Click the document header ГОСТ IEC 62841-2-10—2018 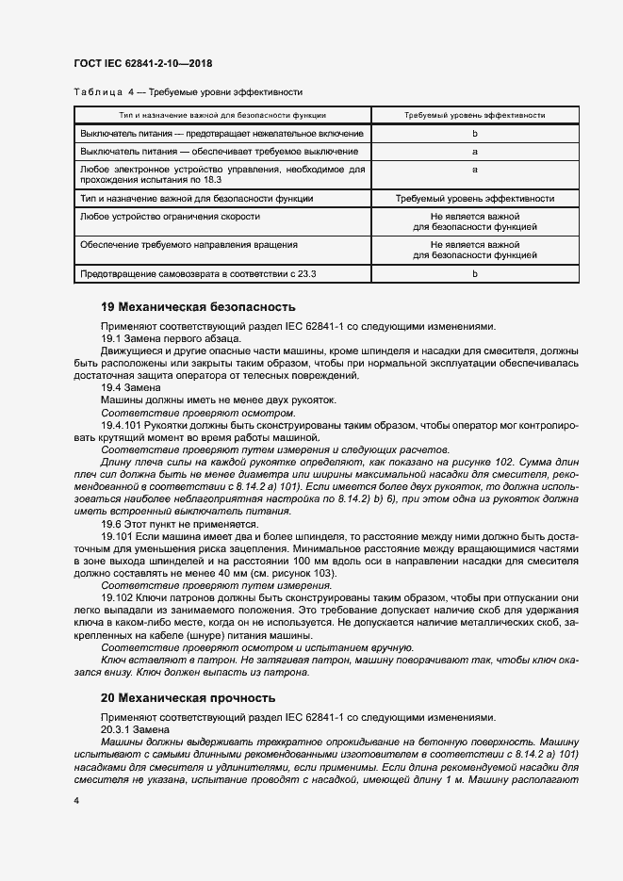click(x=142, y=63)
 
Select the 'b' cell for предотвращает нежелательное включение click(x=475, y=135)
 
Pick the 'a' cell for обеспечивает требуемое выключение click(x=475, y=151)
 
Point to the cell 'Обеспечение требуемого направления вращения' click(x=189, y=244)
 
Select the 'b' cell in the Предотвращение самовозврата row click(x=475, y=273)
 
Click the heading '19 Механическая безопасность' click(x=198, y=307)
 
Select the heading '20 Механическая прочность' click(x=188, y=698)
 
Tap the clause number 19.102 click(x=118, y=597)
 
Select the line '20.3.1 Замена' click(x=136, y=728)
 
